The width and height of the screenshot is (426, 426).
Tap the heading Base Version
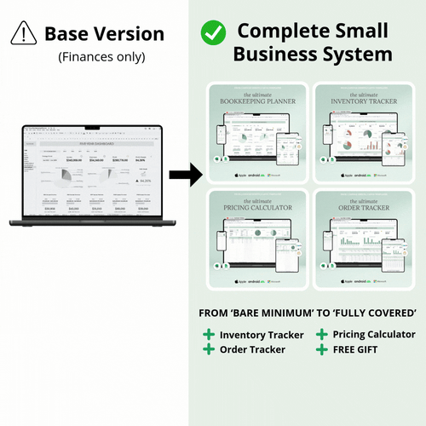click(104, 34)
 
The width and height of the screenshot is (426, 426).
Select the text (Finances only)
click(102, 57)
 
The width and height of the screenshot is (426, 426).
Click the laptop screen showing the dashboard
click(95, 174)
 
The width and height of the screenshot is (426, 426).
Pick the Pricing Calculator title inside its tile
click(257, 207)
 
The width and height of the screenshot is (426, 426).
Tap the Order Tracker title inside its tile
click(364, 207)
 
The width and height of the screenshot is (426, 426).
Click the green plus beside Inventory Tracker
click(209, 335)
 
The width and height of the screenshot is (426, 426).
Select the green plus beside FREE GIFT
click(321, 349)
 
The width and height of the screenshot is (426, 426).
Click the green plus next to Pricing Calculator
click(321, 335)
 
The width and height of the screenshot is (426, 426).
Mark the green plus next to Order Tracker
click(209, 349)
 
